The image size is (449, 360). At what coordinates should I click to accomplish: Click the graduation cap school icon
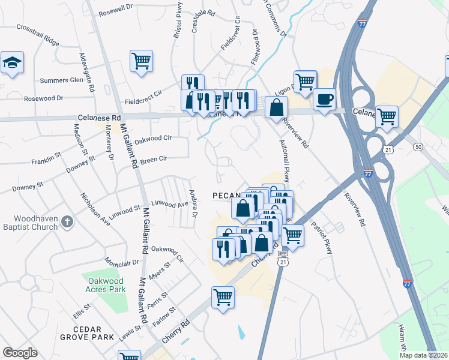(12, 63)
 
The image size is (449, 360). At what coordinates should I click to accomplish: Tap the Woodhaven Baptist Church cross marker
(67, 222)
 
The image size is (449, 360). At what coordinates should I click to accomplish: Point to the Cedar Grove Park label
(86, 333)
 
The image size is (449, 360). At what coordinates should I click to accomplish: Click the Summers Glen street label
(62, 80)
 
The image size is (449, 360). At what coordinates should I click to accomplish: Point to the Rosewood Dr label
(43, 98)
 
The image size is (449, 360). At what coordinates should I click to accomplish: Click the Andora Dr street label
(194, 204)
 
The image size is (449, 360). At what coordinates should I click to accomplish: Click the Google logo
(20, 353)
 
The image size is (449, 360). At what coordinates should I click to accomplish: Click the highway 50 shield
(418, 146)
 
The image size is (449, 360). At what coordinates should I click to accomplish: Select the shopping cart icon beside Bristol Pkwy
(141, 61)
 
